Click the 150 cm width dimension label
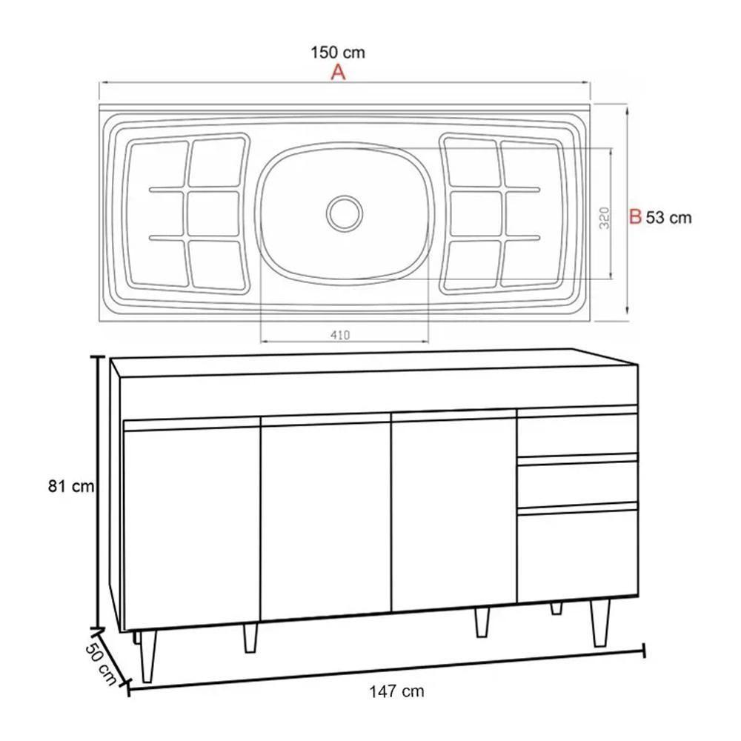tap(338, 53)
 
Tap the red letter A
tap(338, 73)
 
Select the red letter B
tap(635, 217)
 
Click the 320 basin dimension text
tap(605, 217)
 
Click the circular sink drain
tap(344, 213)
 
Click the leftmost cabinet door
tap(191, 526)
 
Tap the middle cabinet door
tap(325, 519)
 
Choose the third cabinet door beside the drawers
tap(453, 511)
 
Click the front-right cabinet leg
tap(599, 622)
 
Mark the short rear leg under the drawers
tap(556, 608)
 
